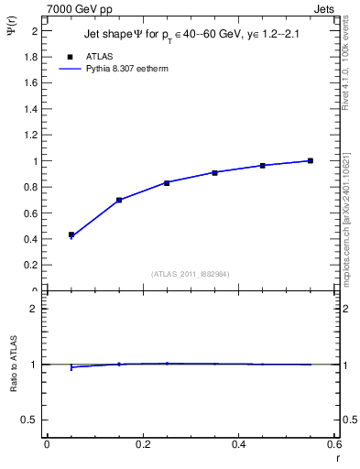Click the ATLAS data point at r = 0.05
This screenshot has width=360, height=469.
(71, 234)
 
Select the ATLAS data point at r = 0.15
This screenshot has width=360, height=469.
(119, 200)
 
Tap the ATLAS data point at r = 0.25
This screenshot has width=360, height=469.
(167, 182)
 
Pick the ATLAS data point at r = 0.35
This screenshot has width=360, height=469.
(214, 172)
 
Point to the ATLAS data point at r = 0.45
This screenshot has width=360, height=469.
(263, 165)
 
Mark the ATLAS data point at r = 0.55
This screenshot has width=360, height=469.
(311, 160)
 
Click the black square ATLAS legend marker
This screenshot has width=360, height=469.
(71, 55)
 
